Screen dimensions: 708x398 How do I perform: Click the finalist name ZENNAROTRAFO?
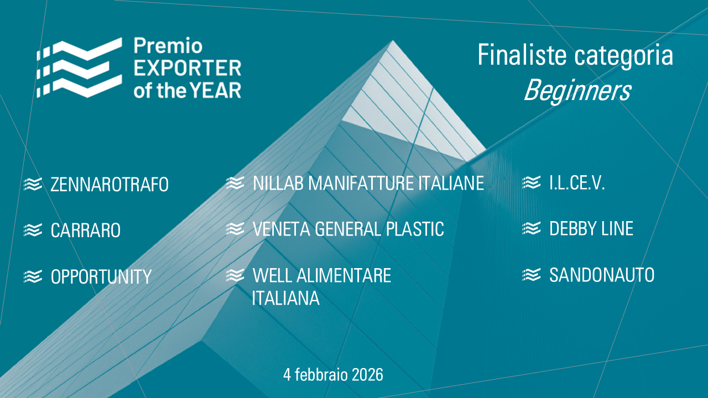110,185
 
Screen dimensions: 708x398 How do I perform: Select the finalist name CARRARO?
86,231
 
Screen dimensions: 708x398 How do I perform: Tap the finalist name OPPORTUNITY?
101,277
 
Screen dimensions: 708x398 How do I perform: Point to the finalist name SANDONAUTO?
602,275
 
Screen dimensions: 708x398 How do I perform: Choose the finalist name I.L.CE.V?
577,183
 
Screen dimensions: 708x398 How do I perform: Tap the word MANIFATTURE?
361,183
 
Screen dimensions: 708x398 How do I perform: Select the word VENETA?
282,229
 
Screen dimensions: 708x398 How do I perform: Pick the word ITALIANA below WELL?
286,298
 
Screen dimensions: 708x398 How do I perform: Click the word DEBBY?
572,229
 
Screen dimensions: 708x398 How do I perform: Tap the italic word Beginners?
578,91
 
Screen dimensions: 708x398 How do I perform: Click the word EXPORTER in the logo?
188,68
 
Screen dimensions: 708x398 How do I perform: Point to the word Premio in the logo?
168,46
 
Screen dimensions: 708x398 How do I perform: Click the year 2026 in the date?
367,375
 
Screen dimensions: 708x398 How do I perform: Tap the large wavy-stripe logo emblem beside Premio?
79,68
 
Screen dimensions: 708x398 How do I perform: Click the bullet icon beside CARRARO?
33,230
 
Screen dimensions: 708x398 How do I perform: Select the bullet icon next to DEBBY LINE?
532,228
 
